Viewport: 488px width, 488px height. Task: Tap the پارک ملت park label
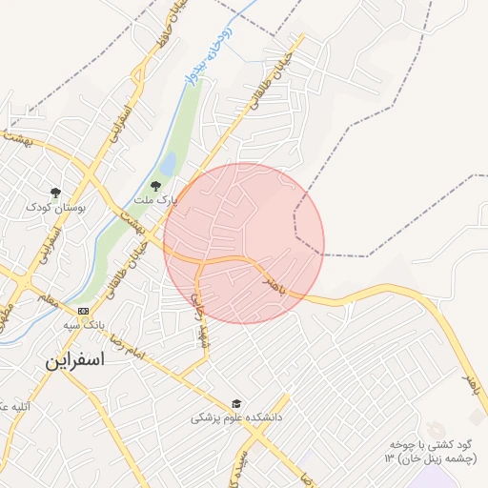click(155, 201)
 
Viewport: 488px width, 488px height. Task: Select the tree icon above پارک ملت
click(156, 186)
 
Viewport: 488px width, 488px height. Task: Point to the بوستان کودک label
click(56, 207)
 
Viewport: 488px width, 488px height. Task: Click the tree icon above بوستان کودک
click(55, 193)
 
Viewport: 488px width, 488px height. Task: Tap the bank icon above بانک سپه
click(83, 311)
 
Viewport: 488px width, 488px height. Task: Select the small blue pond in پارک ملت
click(168, 166)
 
